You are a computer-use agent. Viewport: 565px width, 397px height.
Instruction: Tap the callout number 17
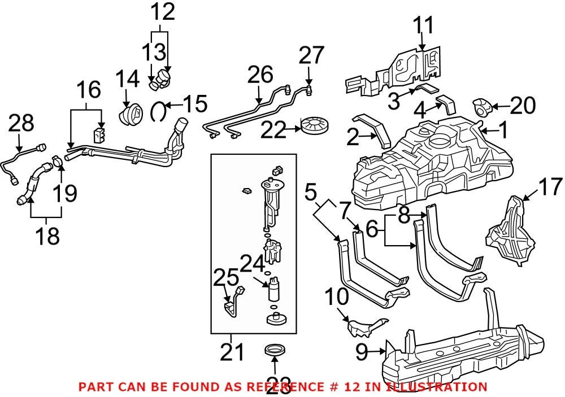point(550,187)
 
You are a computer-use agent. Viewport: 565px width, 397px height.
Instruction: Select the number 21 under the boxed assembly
point(232,352)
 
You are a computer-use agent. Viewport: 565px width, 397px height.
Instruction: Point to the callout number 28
point(21,123)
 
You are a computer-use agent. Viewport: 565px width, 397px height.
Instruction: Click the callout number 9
point(362,352)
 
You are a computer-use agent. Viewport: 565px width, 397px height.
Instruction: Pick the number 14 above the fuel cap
point(127,79)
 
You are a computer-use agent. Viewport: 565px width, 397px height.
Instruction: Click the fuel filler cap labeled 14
point(131,113)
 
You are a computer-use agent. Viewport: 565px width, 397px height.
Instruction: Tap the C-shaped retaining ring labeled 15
point(158,111)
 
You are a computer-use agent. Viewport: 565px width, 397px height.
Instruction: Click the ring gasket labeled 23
point(275,350)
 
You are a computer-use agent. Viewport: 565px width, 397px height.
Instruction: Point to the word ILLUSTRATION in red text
point(436,387)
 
